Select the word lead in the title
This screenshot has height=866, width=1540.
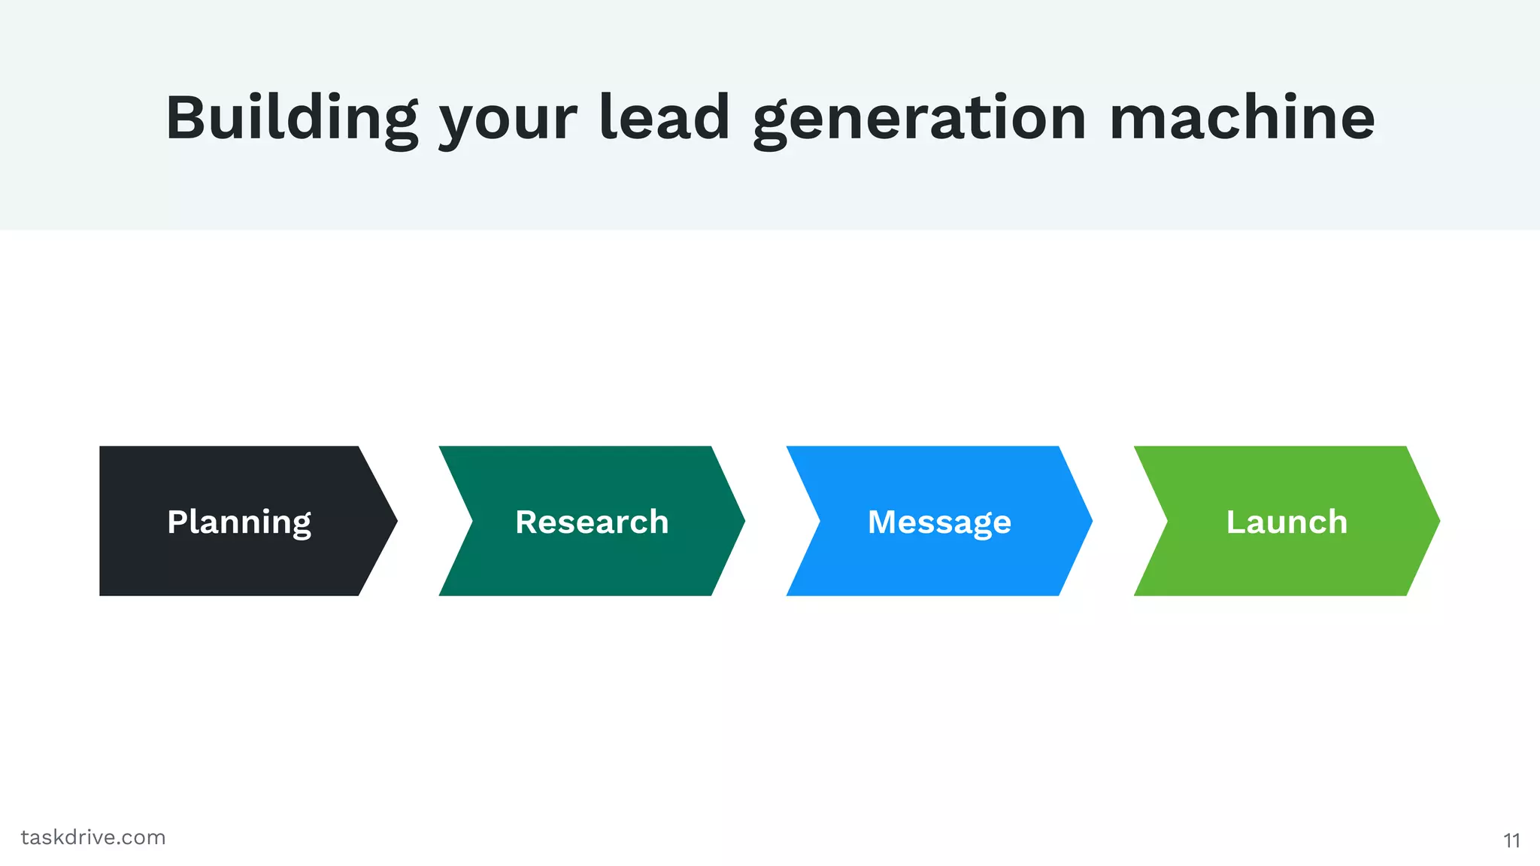tap(665, 118)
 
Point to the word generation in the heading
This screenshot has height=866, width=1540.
tap(920, 120)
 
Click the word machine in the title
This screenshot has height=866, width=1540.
tap(1242, 118)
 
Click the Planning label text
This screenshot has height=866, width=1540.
tap(239, 522)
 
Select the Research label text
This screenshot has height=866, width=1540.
tap(592, 522)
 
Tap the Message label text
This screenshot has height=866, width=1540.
tap(939, 522)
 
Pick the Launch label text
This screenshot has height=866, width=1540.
tap(1287, 522)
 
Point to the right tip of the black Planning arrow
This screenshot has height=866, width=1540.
tap(395, 521)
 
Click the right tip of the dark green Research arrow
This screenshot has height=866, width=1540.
tap(742, 521)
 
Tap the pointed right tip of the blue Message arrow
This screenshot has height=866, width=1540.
tap(1090, 521)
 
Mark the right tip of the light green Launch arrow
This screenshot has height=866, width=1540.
tap(1437, 521)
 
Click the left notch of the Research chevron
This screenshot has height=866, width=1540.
tap(472, 521)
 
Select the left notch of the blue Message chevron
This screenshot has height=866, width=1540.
tap(820, 521)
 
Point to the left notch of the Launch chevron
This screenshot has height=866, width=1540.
tap(1167, 521)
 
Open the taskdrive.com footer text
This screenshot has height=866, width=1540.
tap(93, 837)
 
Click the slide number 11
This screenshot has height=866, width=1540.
tap(1511, 840)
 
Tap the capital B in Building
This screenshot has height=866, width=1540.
tap(186, 118)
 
